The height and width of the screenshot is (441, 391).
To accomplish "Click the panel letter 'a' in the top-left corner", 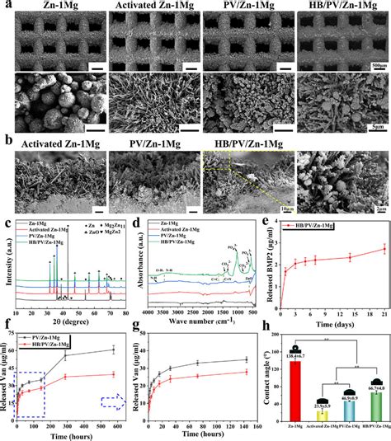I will click(5, 6).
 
